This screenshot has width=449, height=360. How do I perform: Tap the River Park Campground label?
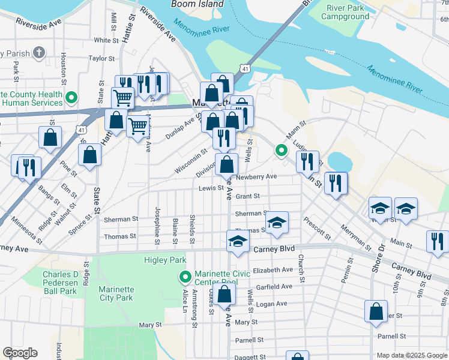345,12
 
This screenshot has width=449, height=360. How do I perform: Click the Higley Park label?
165,260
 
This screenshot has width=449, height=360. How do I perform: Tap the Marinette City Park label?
116,293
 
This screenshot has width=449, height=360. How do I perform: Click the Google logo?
20,353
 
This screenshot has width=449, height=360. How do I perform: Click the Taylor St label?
101,58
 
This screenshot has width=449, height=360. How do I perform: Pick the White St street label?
106,40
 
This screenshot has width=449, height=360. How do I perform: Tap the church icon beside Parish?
40,53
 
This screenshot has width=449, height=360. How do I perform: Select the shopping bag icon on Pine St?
89,155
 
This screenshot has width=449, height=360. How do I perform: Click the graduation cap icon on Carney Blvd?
238,241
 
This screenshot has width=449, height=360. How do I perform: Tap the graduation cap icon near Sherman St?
277,222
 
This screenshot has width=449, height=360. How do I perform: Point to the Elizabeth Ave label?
273,270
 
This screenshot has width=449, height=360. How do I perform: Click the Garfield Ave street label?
273,286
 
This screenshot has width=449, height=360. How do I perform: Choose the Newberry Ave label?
256,177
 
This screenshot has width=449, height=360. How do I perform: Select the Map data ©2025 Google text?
412,355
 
